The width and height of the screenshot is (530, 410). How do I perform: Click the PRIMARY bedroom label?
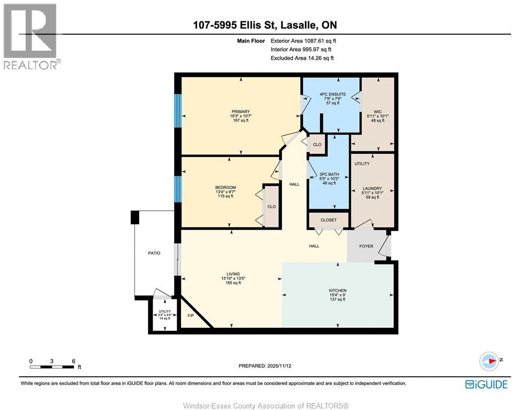point(241,112)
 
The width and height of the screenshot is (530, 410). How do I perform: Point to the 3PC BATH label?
point(329,174)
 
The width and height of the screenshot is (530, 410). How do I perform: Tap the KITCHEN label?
point(337,290)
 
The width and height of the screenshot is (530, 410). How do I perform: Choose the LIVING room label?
point(233,274)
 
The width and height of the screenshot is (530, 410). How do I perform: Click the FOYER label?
point(367,246)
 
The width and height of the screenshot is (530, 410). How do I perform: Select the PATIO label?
point(154,253)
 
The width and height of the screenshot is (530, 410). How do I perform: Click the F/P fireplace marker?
point(191,316)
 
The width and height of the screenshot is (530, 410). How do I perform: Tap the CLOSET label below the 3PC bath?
point(329,220)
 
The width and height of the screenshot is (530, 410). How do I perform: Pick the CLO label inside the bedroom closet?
point(271,207)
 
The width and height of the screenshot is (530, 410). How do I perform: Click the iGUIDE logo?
point(486,384)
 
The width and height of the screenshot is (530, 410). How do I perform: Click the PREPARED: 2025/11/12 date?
point(265,366)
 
